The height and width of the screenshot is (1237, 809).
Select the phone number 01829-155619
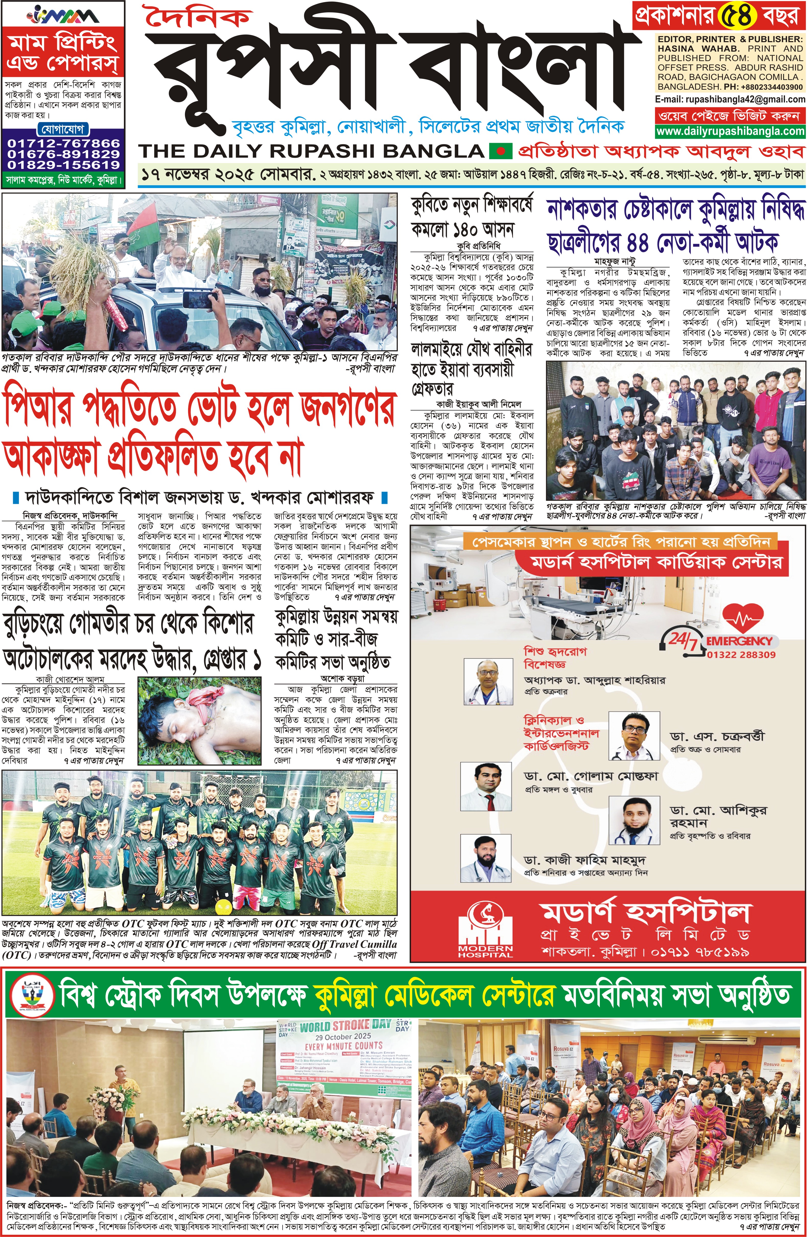tap(63, 165)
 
